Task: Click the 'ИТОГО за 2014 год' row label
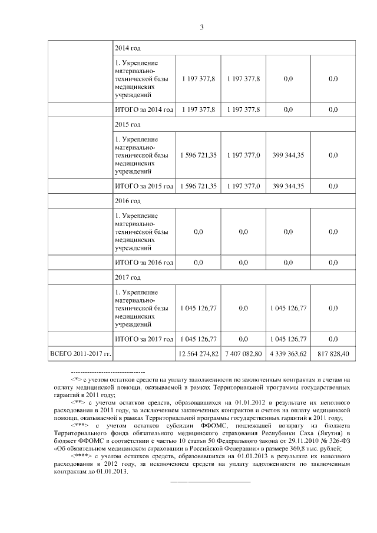click(144, 110)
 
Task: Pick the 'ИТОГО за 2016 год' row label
click(144, 262)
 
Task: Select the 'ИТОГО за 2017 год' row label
click(144, 339)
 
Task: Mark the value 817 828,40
click(333, 353)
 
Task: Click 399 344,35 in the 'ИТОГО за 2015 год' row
click(289, 186)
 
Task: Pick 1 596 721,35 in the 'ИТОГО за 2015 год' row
click(198, 186)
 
